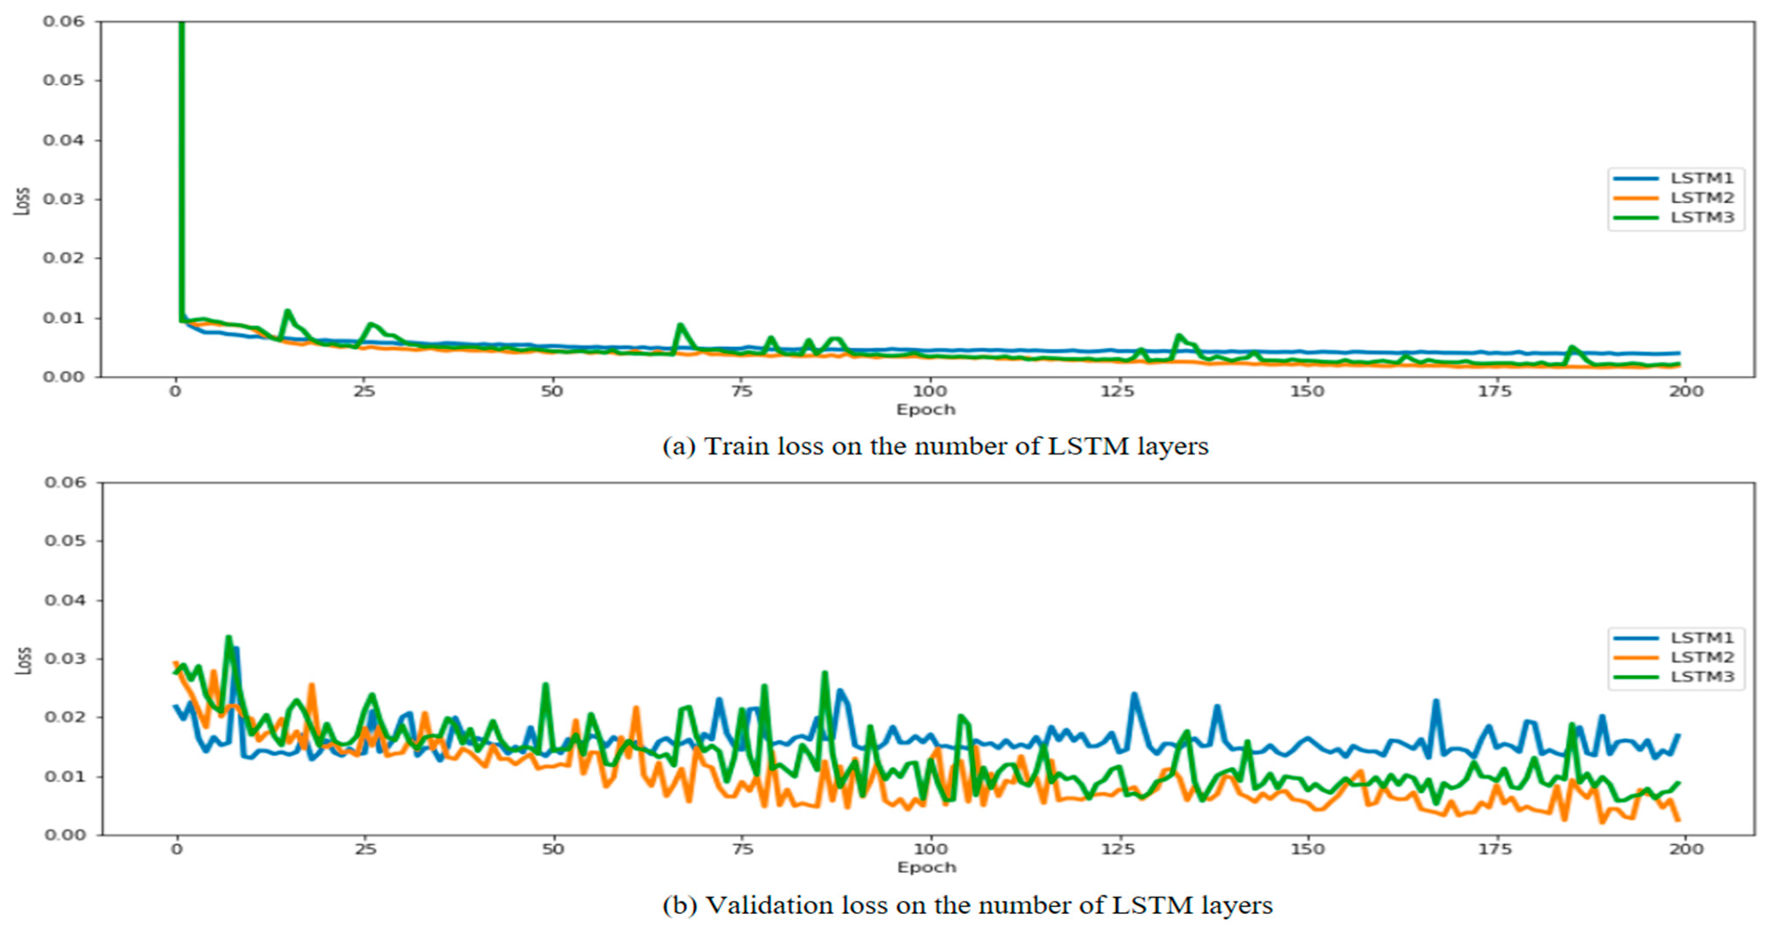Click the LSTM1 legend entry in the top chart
(1701, 178)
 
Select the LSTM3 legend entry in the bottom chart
(1701, 677)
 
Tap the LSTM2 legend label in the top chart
(1701, 198)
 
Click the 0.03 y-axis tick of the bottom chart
(65, 659)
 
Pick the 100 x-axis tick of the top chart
(929, 392)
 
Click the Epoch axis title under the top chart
(926, 409)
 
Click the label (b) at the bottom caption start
(679, 905)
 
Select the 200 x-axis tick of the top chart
(1686, 392)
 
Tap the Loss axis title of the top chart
(23, 201)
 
